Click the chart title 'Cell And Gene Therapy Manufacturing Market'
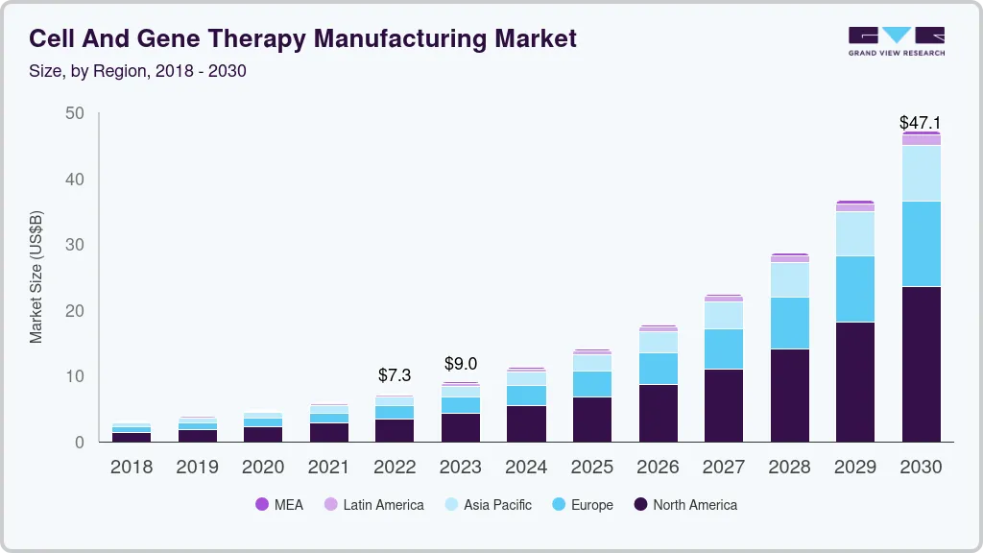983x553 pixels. (x=302, y=38)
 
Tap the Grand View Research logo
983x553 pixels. (x=896, y=40)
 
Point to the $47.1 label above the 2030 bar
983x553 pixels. (x=920, y=123)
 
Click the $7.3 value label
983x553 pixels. (x=395, y=374)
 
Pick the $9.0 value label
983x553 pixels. (x=460, y=364)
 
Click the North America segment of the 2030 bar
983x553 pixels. (x=921, y=364)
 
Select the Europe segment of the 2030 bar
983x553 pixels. (x=921, y=244)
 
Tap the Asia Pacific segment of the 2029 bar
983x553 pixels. (x=854, y=233)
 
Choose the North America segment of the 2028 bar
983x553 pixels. (x=789, y=395)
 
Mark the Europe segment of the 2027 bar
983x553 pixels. (x=723, y=349)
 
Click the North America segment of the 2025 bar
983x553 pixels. (x=591, y=419)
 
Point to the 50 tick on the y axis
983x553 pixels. (x=75, y=114)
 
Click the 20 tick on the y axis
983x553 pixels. (x=75, y=311)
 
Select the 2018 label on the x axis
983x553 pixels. (x=132, y=468)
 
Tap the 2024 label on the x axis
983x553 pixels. (x=526, y=468)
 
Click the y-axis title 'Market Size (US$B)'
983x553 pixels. (x=36, y=277)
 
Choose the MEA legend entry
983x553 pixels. (x=279, y=505)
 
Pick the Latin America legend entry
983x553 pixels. (x=373, y=505)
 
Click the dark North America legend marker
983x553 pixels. (x=640, y=505)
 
